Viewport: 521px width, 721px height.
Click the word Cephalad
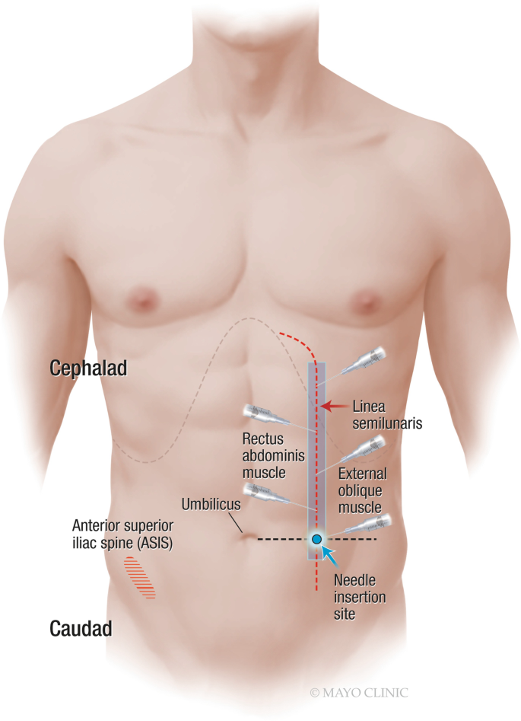click(x=88, y=368)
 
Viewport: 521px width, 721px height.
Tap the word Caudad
click(x=81, y=629)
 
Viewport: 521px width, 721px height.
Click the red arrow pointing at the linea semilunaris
click(x=335, y=405)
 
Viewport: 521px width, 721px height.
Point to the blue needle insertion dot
click(x=316, y=539)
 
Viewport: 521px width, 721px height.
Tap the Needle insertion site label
click(x=360, y=598)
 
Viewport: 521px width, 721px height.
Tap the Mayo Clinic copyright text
click(x=358, y=693)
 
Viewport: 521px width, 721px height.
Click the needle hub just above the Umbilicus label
click(x=259, y=493)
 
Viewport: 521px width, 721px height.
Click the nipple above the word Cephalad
click(x=141, y=298)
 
